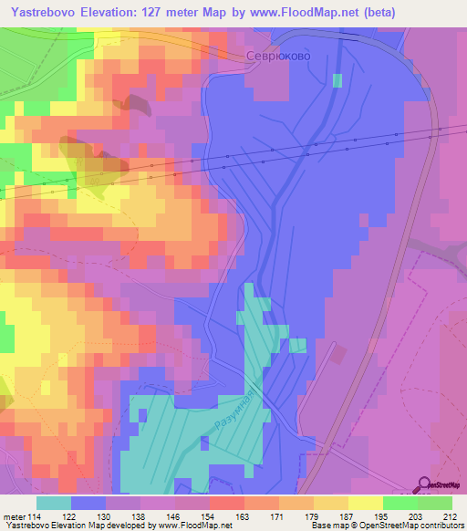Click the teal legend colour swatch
pos(54,503)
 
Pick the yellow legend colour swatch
pos(365,503)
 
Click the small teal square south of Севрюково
pos(337,80)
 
